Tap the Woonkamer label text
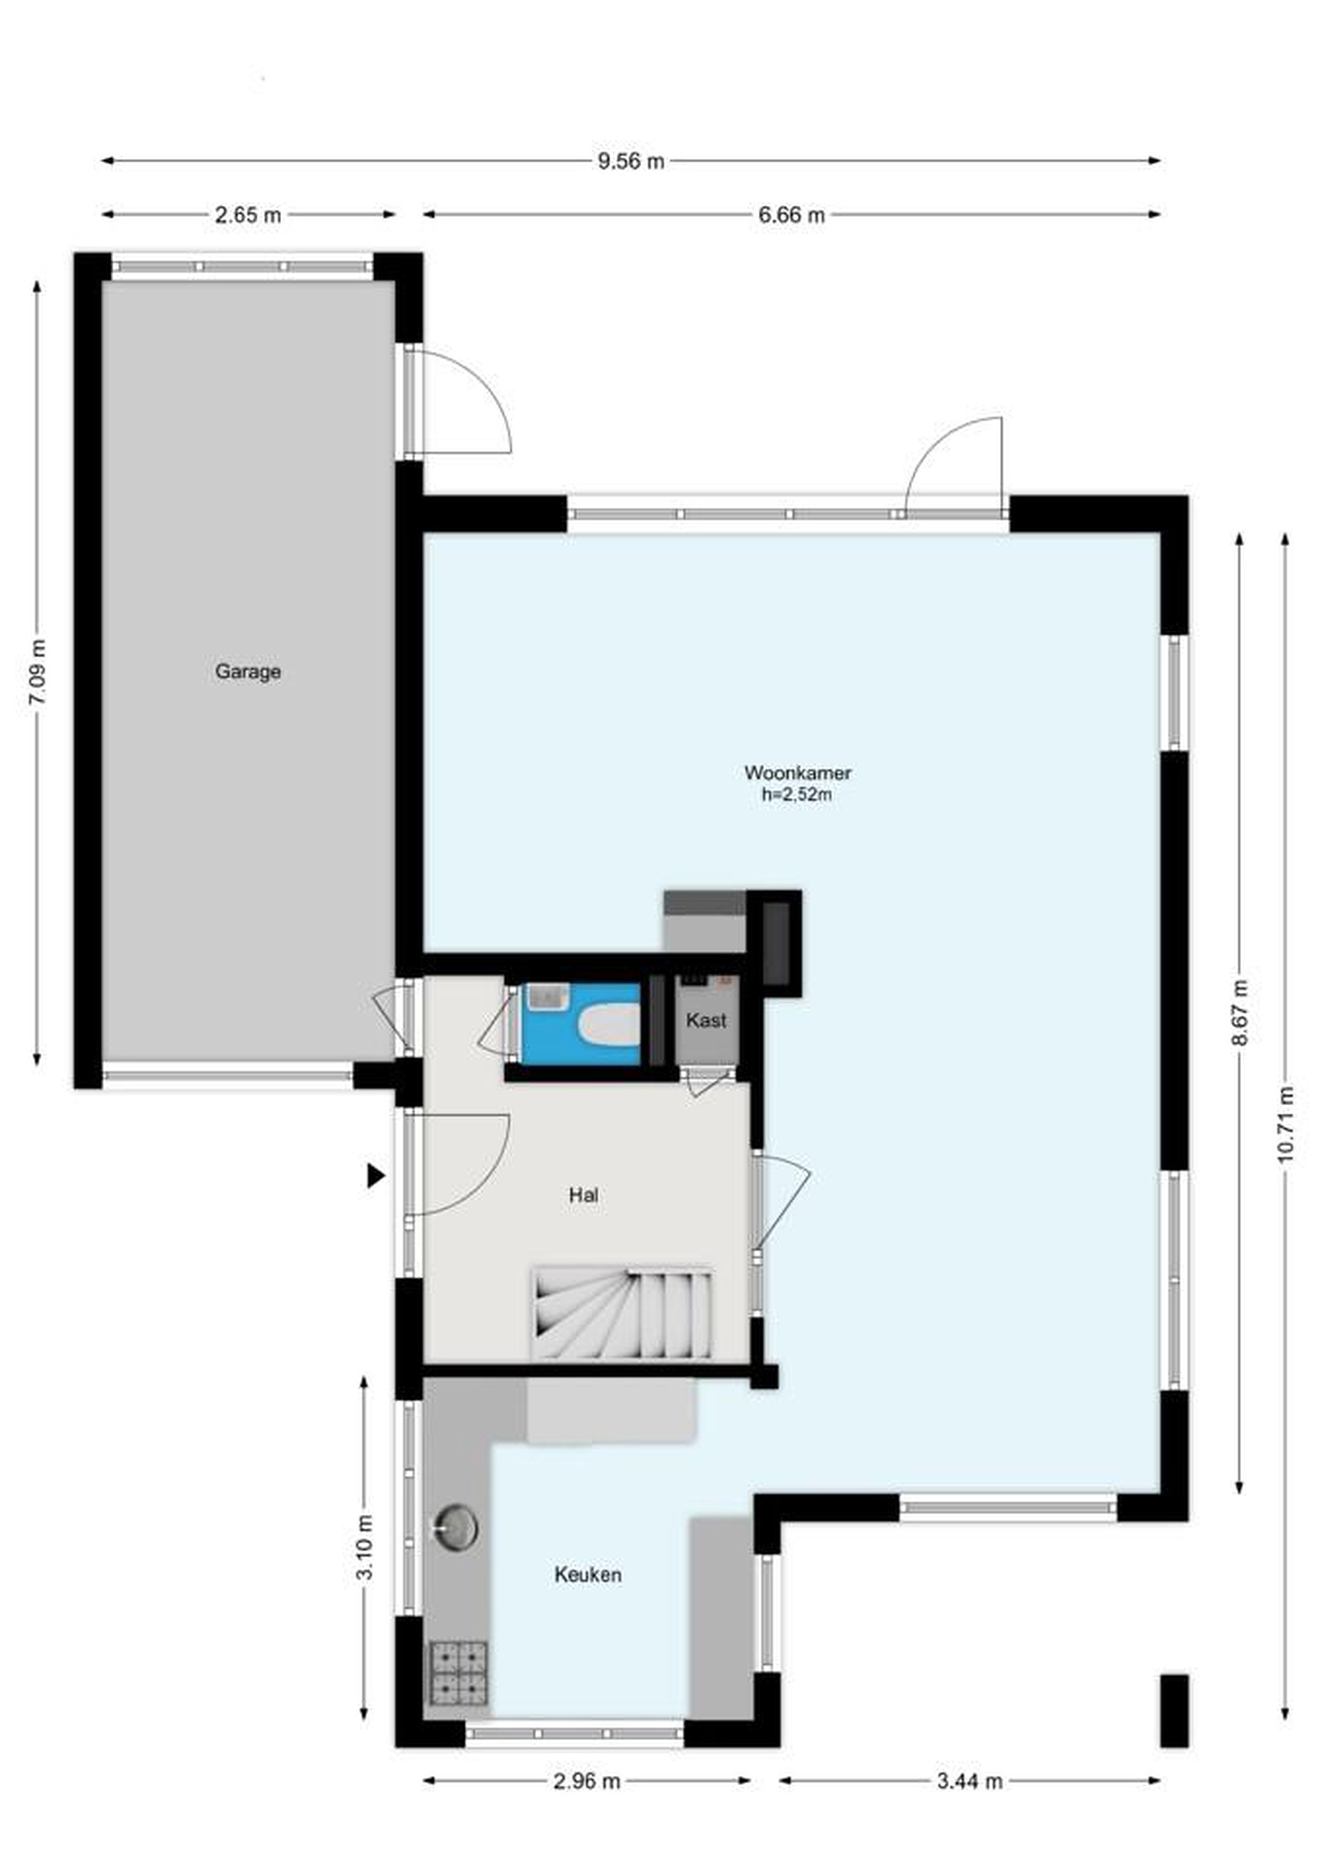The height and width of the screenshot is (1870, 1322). (798, 772)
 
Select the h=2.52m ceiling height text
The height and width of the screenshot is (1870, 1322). (797, 795)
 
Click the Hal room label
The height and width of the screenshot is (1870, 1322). (583, 1195)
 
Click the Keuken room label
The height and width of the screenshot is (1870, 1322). (588, 1575)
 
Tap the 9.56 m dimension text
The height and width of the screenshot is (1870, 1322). (631, 161)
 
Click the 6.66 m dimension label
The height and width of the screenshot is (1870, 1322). (791, 215)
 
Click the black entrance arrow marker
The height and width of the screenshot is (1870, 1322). (374, 1176)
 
